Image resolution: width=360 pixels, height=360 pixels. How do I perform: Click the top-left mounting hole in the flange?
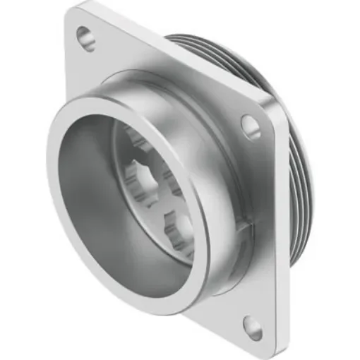pyautogui.click(x=86, y=37)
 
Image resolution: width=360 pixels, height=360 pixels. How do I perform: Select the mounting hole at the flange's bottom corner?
pyautogui.click(x=252, y=325)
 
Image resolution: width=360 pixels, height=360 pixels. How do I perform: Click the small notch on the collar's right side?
pyautogui.click(x=244, y=226)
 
